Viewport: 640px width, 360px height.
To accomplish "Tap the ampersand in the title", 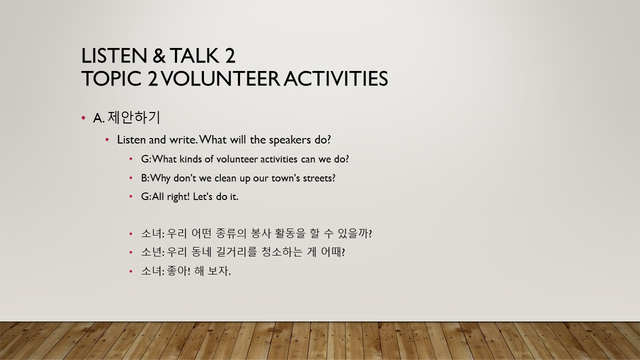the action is point(159,55).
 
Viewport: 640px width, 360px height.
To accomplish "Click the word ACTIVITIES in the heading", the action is point(335,78).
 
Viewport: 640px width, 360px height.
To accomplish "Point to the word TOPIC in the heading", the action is point(111,78).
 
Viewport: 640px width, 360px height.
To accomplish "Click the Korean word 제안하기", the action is point(133,117).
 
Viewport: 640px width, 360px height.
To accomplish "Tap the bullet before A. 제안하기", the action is point(83,117).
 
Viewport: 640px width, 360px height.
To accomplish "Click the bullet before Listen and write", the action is point(107,139).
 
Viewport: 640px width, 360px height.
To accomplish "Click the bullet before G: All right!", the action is point(131,196).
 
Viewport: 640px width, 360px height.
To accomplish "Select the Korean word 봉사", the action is point(260,233).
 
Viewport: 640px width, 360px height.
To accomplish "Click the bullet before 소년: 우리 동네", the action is point(131,252).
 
